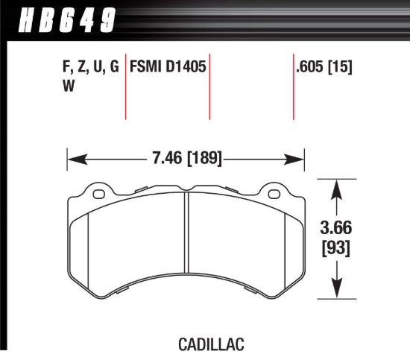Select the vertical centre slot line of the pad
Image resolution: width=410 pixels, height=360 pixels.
click(186, 239)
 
